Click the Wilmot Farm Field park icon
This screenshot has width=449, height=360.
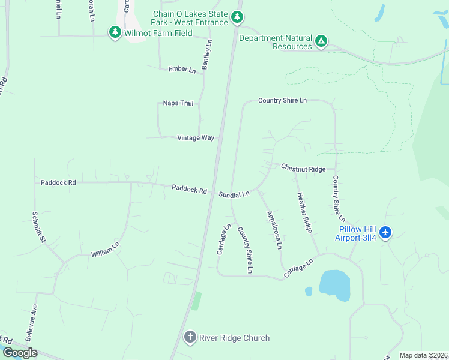(115, 32)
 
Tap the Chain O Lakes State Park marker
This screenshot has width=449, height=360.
(238, 17)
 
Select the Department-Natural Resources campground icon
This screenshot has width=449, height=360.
(322, 41)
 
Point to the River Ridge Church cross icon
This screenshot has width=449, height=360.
(190, 337)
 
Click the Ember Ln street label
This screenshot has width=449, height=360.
(182, 70)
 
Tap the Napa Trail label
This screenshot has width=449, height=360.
(178, 103)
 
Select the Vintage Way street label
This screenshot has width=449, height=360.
(196, 138)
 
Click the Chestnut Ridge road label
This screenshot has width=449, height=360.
(303, 169)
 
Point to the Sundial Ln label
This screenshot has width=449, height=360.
(234, 194)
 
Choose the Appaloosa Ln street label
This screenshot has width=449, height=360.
(274, 229)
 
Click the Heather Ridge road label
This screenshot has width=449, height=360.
(304, 213)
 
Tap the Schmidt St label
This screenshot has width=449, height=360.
(38, 227)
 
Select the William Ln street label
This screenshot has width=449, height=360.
(106, 250)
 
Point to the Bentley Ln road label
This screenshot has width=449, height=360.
(207, 55)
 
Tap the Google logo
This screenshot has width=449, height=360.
(20, 353)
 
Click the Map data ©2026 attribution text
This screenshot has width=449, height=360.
(424, 355)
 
